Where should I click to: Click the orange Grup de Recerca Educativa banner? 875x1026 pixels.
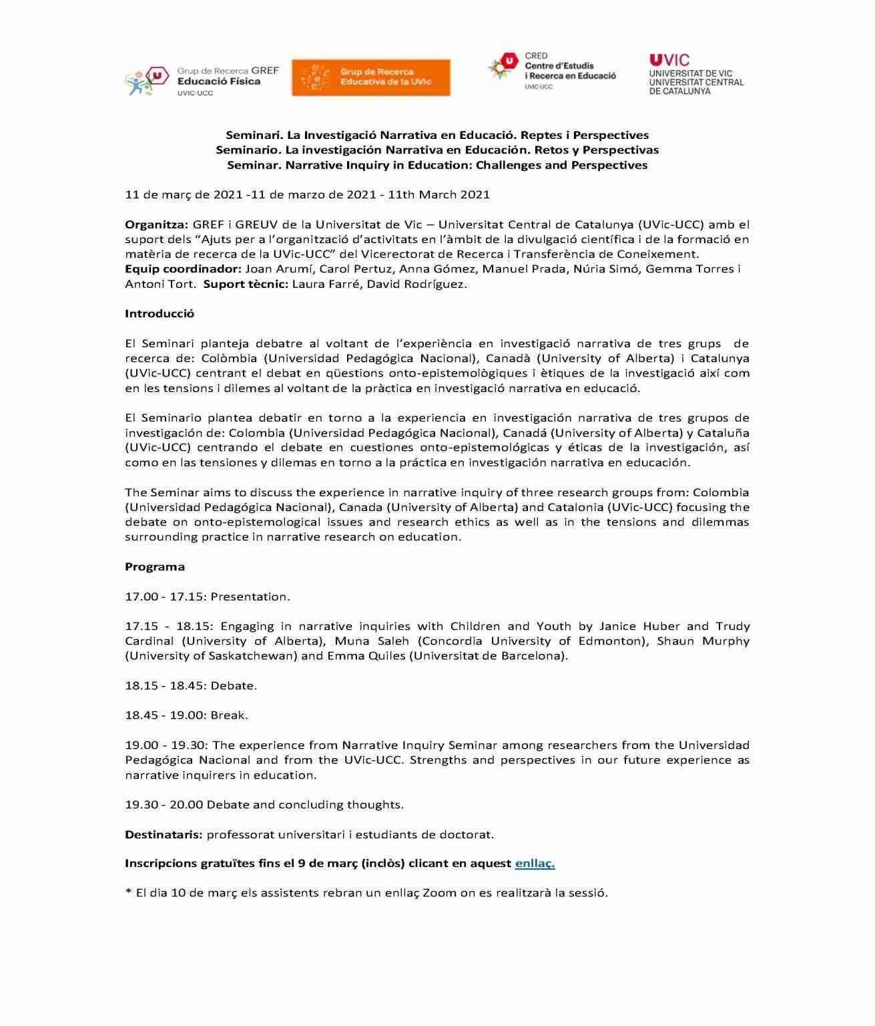click(x=370, y=77)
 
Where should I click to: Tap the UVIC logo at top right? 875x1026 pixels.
click(x=696, y=74)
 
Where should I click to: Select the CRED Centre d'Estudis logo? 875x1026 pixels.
click(x=552, y=71)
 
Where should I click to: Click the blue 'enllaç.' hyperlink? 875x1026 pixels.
click(x=535, y=863)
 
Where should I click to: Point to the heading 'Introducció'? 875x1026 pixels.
click(x=160, y=313)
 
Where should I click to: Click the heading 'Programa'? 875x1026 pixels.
click(x=155, y=566)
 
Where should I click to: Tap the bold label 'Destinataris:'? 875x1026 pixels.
click(x=164, y=834)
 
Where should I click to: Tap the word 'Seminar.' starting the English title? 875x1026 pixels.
click(x=254, y=165)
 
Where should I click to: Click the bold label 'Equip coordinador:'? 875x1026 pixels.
click(x=183, y=269)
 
